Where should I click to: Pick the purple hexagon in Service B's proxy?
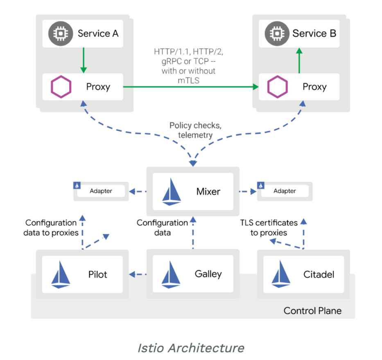coord(278,87)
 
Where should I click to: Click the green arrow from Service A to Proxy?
coord(83,60)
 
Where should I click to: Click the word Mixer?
coord(208,191)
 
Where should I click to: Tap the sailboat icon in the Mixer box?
coord(172,192)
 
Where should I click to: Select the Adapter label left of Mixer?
coord(101,191)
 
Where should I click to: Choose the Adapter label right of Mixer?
coord(285,191)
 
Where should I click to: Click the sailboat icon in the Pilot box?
coord(61,274)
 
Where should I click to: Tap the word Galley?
coord(208,274)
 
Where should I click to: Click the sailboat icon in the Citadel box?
coord(281,274)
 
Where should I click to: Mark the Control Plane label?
coord(312,311)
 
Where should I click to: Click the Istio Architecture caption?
coord(191,348)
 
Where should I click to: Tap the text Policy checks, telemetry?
coord(192,130)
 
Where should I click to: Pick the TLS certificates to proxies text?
coord(269,228)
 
